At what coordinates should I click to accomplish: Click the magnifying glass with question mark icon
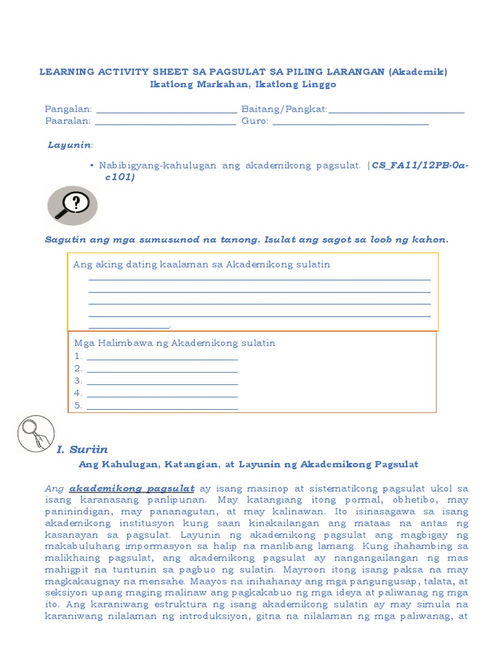tap(72, 206)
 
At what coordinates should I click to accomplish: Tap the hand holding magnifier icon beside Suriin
tap(35, 434)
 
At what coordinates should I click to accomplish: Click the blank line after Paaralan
tap(166, 122)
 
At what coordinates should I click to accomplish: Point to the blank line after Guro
tap(351, 122)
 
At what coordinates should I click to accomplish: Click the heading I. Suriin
tap(82, 449)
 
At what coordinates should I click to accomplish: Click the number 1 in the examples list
tap(78, 356)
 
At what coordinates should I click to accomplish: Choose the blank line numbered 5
tap(162, 407)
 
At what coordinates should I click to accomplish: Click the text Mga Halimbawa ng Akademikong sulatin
tap(175, 343)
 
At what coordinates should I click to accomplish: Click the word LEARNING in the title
tap(66, 72)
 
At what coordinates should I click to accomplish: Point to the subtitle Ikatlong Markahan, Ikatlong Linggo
tap(243, 85)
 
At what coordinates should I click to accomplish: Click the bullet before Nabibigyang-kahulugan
tap(93, 166)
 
